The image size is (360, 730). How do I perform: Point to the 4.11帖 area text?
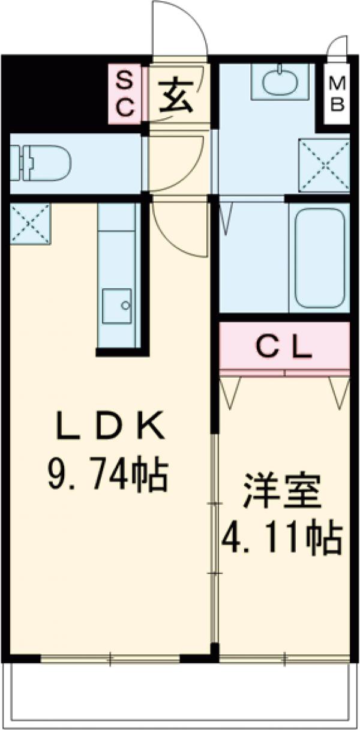(282, 538)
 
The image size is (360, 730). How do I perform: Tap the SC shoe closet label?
(125, 94)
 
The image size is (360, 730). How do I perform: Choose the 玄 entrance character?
(176, 96)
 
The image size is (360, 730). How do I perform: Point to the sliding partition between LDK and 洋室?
(214, 540)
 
